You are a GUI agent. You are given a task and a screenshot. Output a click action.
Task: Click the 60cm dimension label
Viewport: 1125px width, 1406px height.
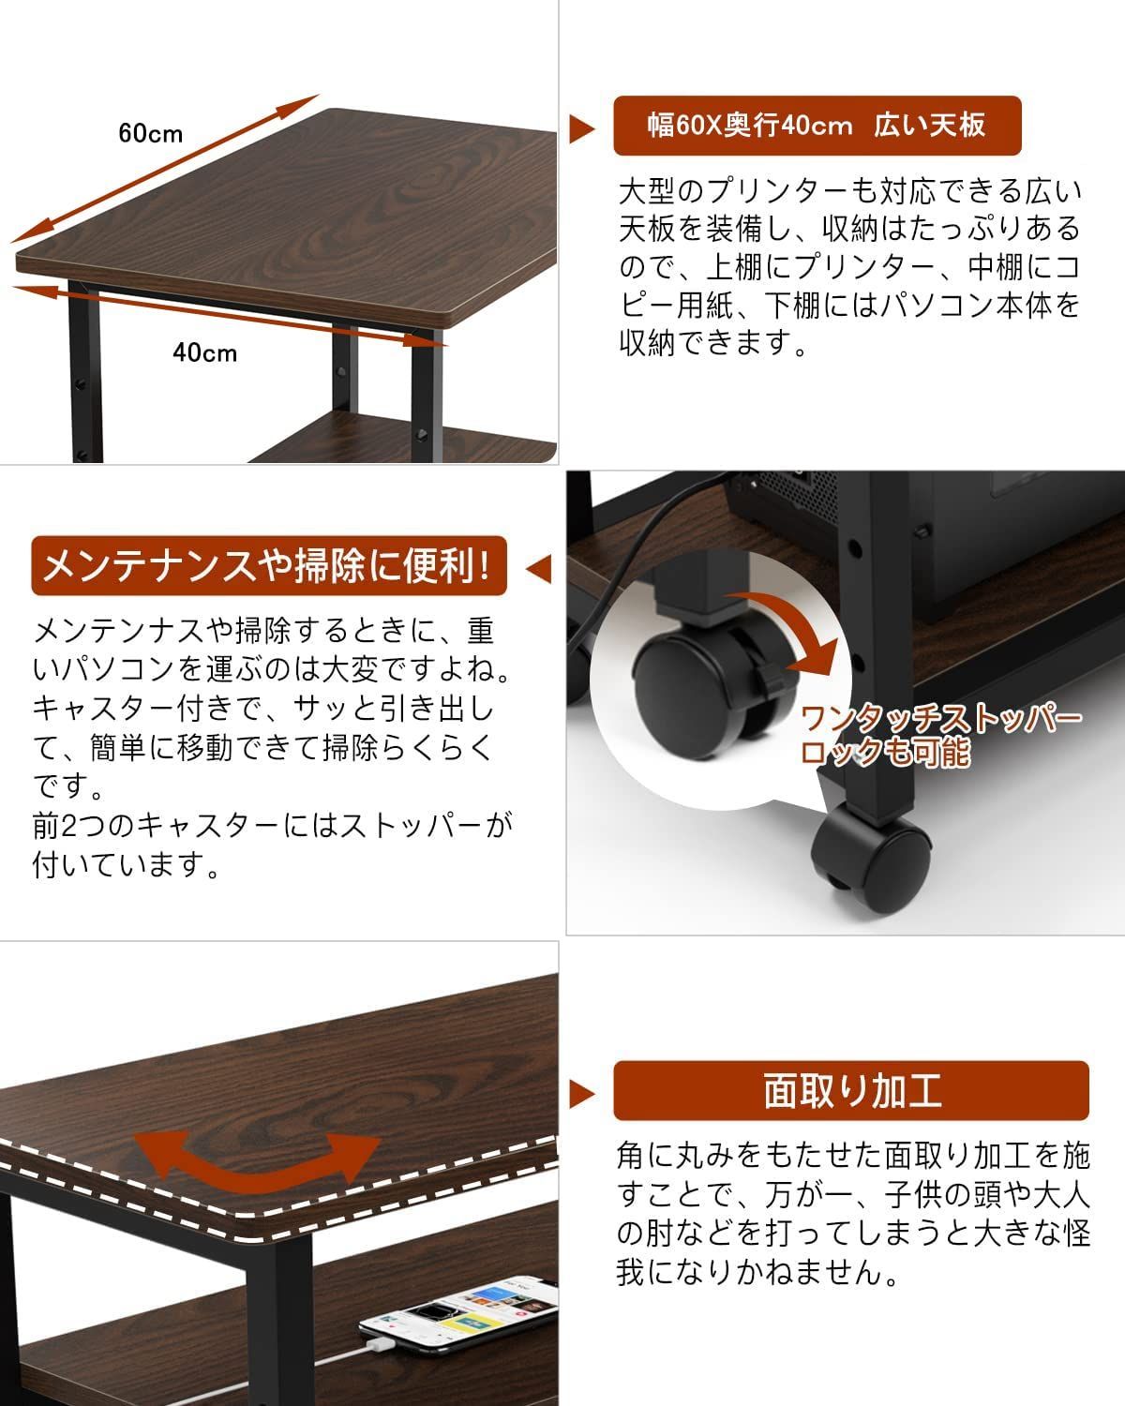[x=151, y=133]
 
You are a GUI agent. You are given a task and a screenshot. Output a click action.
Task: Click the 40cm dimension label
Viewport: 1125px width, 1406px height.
[x=205, y=352]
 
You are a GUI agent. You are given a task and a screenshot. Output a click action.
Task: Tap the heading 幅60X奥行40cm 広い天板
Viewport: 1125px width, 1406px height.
[x=816, y=126]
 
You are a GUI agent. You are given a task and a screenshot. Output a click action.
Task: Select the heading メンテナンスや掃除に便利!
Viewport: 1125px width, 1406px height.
[x=268, y=566]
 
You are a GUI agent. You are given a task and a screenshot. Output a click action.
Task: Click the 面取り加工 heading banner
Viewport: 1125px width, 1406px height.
[x=850, y=1091]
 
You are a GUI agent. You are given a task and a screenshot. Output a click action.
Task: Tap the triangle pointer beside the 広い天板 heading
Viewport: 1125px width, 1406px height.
[x=582, y=128]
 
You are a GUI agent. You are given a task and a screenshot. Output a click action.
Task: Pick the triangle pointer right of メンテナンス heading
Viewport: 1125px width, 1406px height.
[x=538, y=568]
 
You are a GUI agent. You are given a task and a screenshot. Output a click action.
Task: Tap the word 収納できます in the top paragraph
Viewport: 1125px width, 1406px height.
[x=713, y=344]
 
